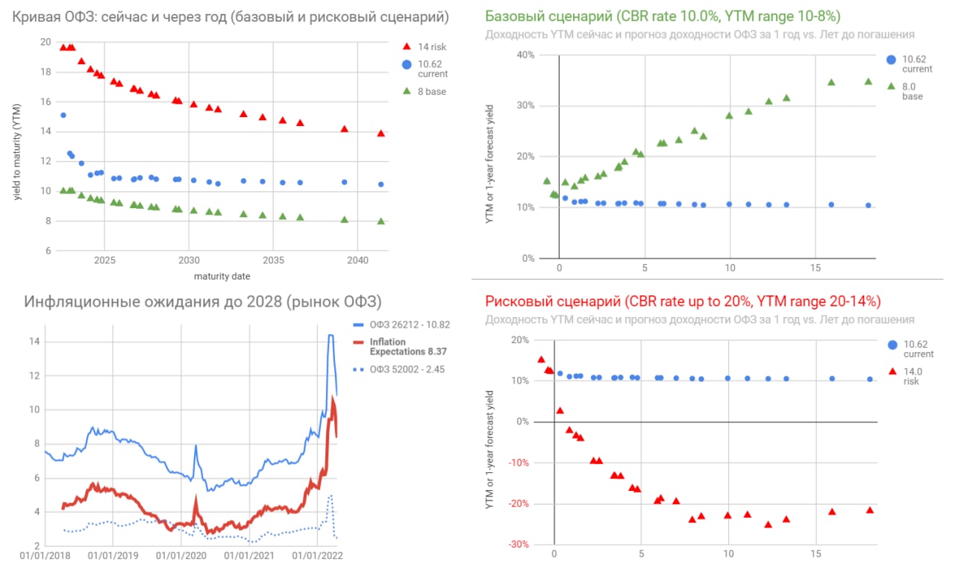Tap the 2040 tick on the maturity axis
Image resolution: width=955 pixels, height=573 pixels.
tap(357, 262)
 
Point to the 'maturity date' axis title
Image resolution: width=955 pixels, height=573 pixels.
tap(222, 277)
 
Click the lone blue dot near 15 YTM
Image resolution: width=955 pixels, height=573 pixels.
tap(63, 115)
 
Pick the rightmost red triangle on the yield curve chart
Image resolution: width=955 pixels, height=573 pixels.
tap(381, 134)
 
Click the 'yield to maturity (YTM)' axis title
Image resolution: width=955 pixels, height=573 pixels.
tap(17, 145)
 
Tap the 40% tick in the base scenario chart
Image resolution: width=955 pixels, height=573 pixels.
tap(525, 55)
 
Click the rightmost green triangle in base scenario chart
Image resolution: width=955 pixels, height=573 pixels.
tap(868, 81)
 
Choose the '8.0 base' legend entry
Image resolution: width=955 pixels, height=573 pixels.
tap(912, 91)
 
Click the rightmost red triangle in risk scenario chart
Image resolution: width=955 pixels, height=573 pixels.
tap(869, 510)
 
